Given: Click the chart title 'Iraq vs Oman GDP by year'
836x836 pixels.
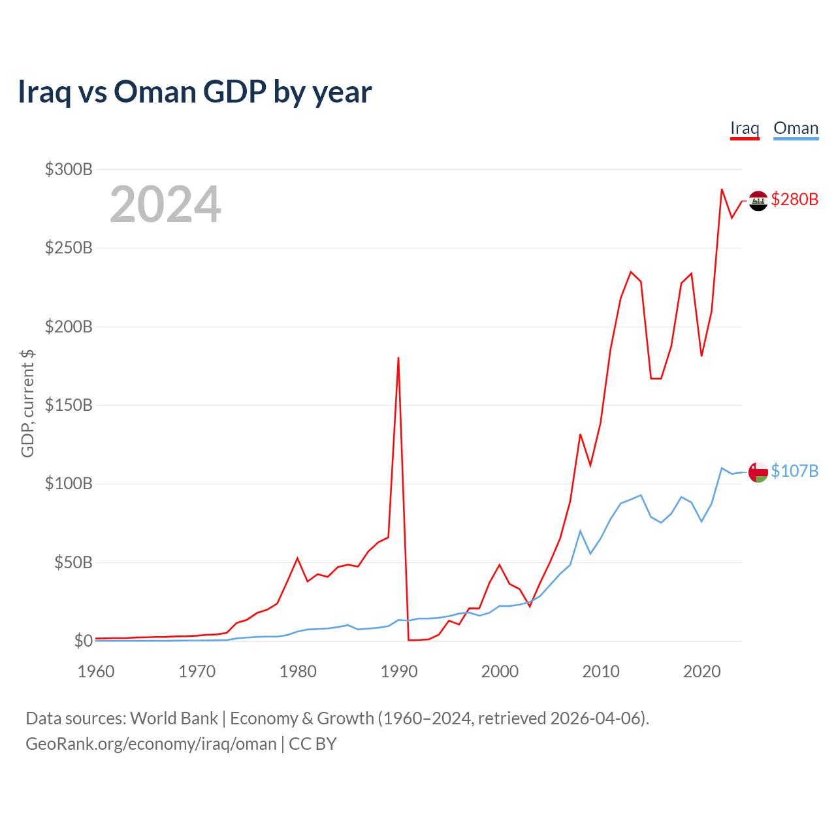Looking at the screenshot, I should pyautogui.click(x=195, y=92).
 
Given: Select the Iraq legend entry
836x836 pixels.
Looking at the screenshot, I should pyautogui.click(x=745, y=129).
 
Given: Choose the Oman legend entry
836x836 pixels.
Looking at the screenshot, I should pyautogui.click(x=796, y=129).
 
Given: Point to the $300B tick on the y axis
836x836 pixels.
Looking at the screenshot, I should pyautogui.click(x=69, y=170).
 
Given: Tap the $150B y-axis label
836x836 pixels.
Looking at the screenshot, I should pyautogui.click(x=69, y=405).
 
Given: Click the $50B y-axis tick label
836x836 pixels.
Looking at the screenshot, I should pyautogui.click(x=72, y=562).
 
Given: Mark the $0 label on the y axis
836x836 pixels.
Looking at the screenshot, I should pyautogui.click(x=83, y=641).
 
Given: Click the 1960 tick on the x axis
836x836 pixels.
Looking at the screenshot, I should pyautogui.click(x=96, y=671).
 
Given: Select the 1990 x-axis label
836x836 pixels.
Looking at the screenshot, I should pyautogui.click(x=398, y=671).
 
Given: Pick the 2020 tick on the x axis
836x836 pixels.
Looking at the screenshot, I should pyautogui.click(x=701, y=671).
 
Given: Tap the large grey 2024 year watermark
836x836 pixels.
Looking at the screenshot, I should pyautogui.click(x=165, y=204).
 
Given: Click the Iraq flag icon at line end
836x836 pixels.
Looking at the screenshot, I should pyautogui.click(x=758, y=201).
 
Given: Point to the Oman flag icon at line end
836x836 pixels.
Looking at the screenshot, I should pyautogui.click(x=758, y=472).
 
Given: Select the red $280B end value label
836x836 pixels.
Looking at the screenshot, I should pyautogui.click(x=794, y=199).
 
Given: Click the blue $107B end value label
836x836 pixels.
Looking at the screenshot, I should pyautogui.click(x=794, y=471).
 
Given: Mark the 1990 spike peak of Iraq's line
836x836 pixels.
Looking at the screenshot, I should pyautogui.click(x=398, y=358).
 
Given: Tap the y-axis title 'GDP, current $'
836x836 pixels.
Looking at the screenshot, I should pyautogui.click(x=27, y=404).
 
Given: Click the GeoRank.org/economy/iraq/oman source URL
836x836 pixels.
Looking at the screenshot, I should pyautogui.click(x=151, y=744).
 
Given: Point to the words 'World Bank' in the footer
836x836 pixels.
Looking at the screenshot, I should pyautogui.click(x=174, y=718).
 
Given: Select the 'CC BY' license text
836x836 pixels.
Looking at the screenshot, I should pyautogui.click(x=313, y=744).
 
